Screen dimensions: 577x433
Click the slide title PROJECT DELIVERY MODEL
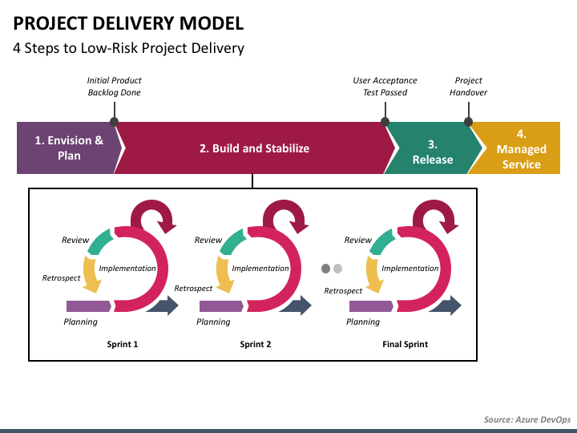coord(128,23)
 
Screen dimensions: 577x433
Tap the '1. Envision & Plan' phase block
coord(69,148)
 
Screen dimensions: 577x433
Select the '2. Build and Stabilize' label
coord(254,148)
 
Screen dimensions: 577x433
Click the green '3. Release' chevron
coord(433,148)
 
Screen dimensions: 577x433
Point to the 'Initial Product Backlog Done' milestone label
coord(114,86)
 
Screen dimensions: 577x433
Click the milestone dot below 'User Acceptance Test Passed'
coord(385,122)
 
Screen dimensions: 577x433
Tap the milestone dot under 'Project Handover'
coord(468,122)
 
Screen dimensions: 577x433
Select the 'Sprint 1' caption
coord(123,344)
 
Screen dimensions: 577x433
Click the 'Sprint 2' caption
coord(256,344)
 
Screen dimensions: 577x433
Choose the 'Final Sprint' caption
coord(406,344)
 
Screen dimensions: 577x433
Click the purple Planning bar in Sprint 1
coord(89,306)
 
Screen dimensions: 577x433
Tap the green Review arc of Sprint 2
coord(231,242)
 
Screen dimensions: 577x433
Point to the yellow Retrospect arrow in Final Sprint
coord(373,274)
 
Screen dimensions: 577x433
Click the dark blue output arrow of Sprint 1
coord(163,306)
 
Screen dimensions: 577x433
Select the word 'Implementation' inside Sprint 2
coord(260,269)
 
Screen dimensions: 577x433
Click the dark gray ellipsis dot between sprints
coord(325,269)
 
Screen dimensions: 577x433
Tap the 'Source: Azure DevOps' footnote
coord(527,419)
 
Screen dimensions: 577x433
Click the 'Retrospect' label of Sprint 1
coord(61,278)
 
